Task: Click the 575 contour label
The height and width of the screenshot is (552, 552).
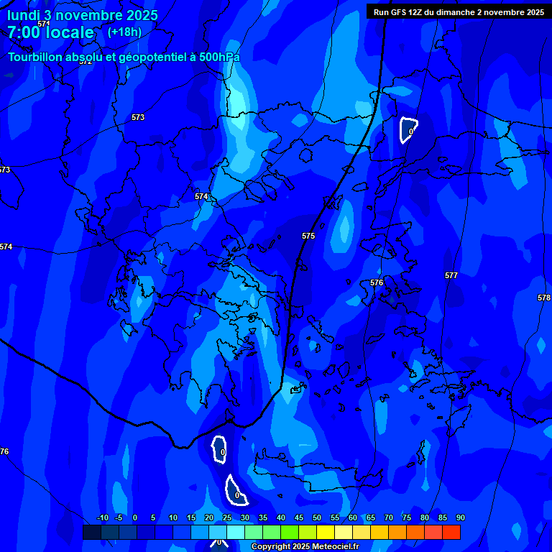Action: (308, 236)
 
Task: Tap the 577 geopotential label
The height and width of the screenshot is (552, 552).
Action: (451, 275)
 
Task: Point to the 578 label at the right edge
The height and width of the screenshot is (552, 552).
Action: (543, 298)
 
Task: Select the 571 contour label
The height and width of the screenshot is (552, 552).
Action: (44, 24)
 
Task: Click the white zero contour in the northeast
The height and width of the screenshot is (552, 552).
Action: (408, 130)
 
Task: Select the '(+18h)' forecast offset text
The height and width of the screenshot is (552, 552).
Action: (124, 32)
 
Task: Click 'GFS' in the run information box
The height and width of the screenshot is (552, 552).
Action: (399, 12)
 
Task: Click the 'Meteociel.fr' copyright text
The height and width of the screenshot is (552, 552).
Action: (332, 546)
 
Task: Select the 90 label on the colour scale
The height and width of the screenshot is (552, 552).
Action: (460, 517)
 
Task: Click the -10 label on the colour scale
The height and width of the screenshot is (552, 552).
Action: (102, 517)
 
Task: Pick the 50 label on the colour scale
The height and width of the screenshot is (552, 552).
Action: (317, 517)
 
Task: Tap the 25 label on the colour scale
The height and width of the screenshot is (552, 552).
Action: (227, 517)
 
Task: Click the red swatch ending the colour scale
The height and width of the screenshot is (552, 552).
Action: (451, 532)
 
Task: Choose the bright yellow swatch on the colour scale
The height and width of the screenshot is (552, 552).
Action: (325, 532)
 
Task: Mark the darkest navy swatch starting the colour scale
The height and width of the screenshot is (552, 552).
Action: (91, 532)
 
